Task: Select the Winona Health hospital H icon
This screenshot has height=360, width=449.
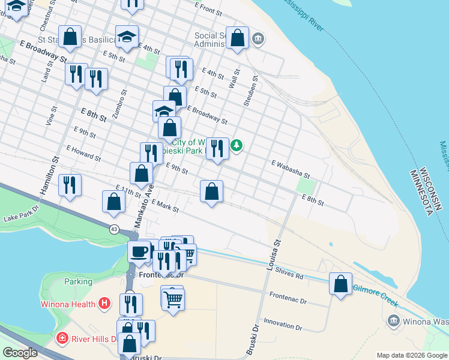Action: [105, 304]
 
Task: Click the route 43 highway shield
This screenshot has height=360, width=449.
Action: [114, 229]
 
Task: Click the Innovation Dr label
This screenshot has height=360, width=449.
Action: [282, 325]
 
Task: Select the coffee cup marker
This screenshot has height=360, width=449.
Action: [139, 251]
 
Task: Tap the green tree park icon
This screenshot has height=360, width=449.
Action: [237, 145]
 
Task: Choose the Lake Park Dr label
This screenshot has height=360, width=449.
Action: [20, 214]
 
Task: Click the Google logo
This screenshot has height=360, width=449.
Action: [20, 353]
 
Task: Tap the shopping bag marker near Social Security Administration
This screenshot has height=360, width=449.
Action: [238, 38]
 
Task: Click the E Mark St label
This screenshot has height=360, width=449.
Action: [165, 206]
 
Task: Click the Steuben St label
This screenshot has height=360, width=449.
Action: [251, 91]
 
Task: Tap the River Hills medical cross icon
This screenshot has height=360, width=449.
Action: [62, 338]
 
